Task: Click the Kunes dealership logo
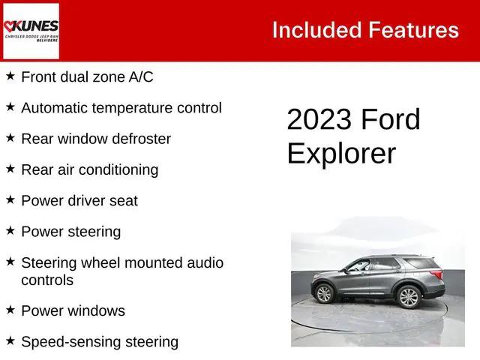(31, 31)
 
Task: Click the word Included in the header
(316, 30)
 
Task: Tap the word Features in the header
(413, 30)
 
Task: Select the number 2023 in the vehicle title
(319, 120)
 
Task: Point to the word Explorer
(340, 153)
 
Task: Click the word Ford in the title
(391, 120)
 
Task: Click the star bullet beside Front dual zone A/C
(10, 76)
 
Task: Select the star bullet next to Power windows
(10, 309)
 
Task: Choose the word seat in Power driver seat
(124, 201)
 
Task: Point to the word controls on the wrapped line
(47, 280)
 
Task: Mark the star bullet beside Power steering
(10, 231)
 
